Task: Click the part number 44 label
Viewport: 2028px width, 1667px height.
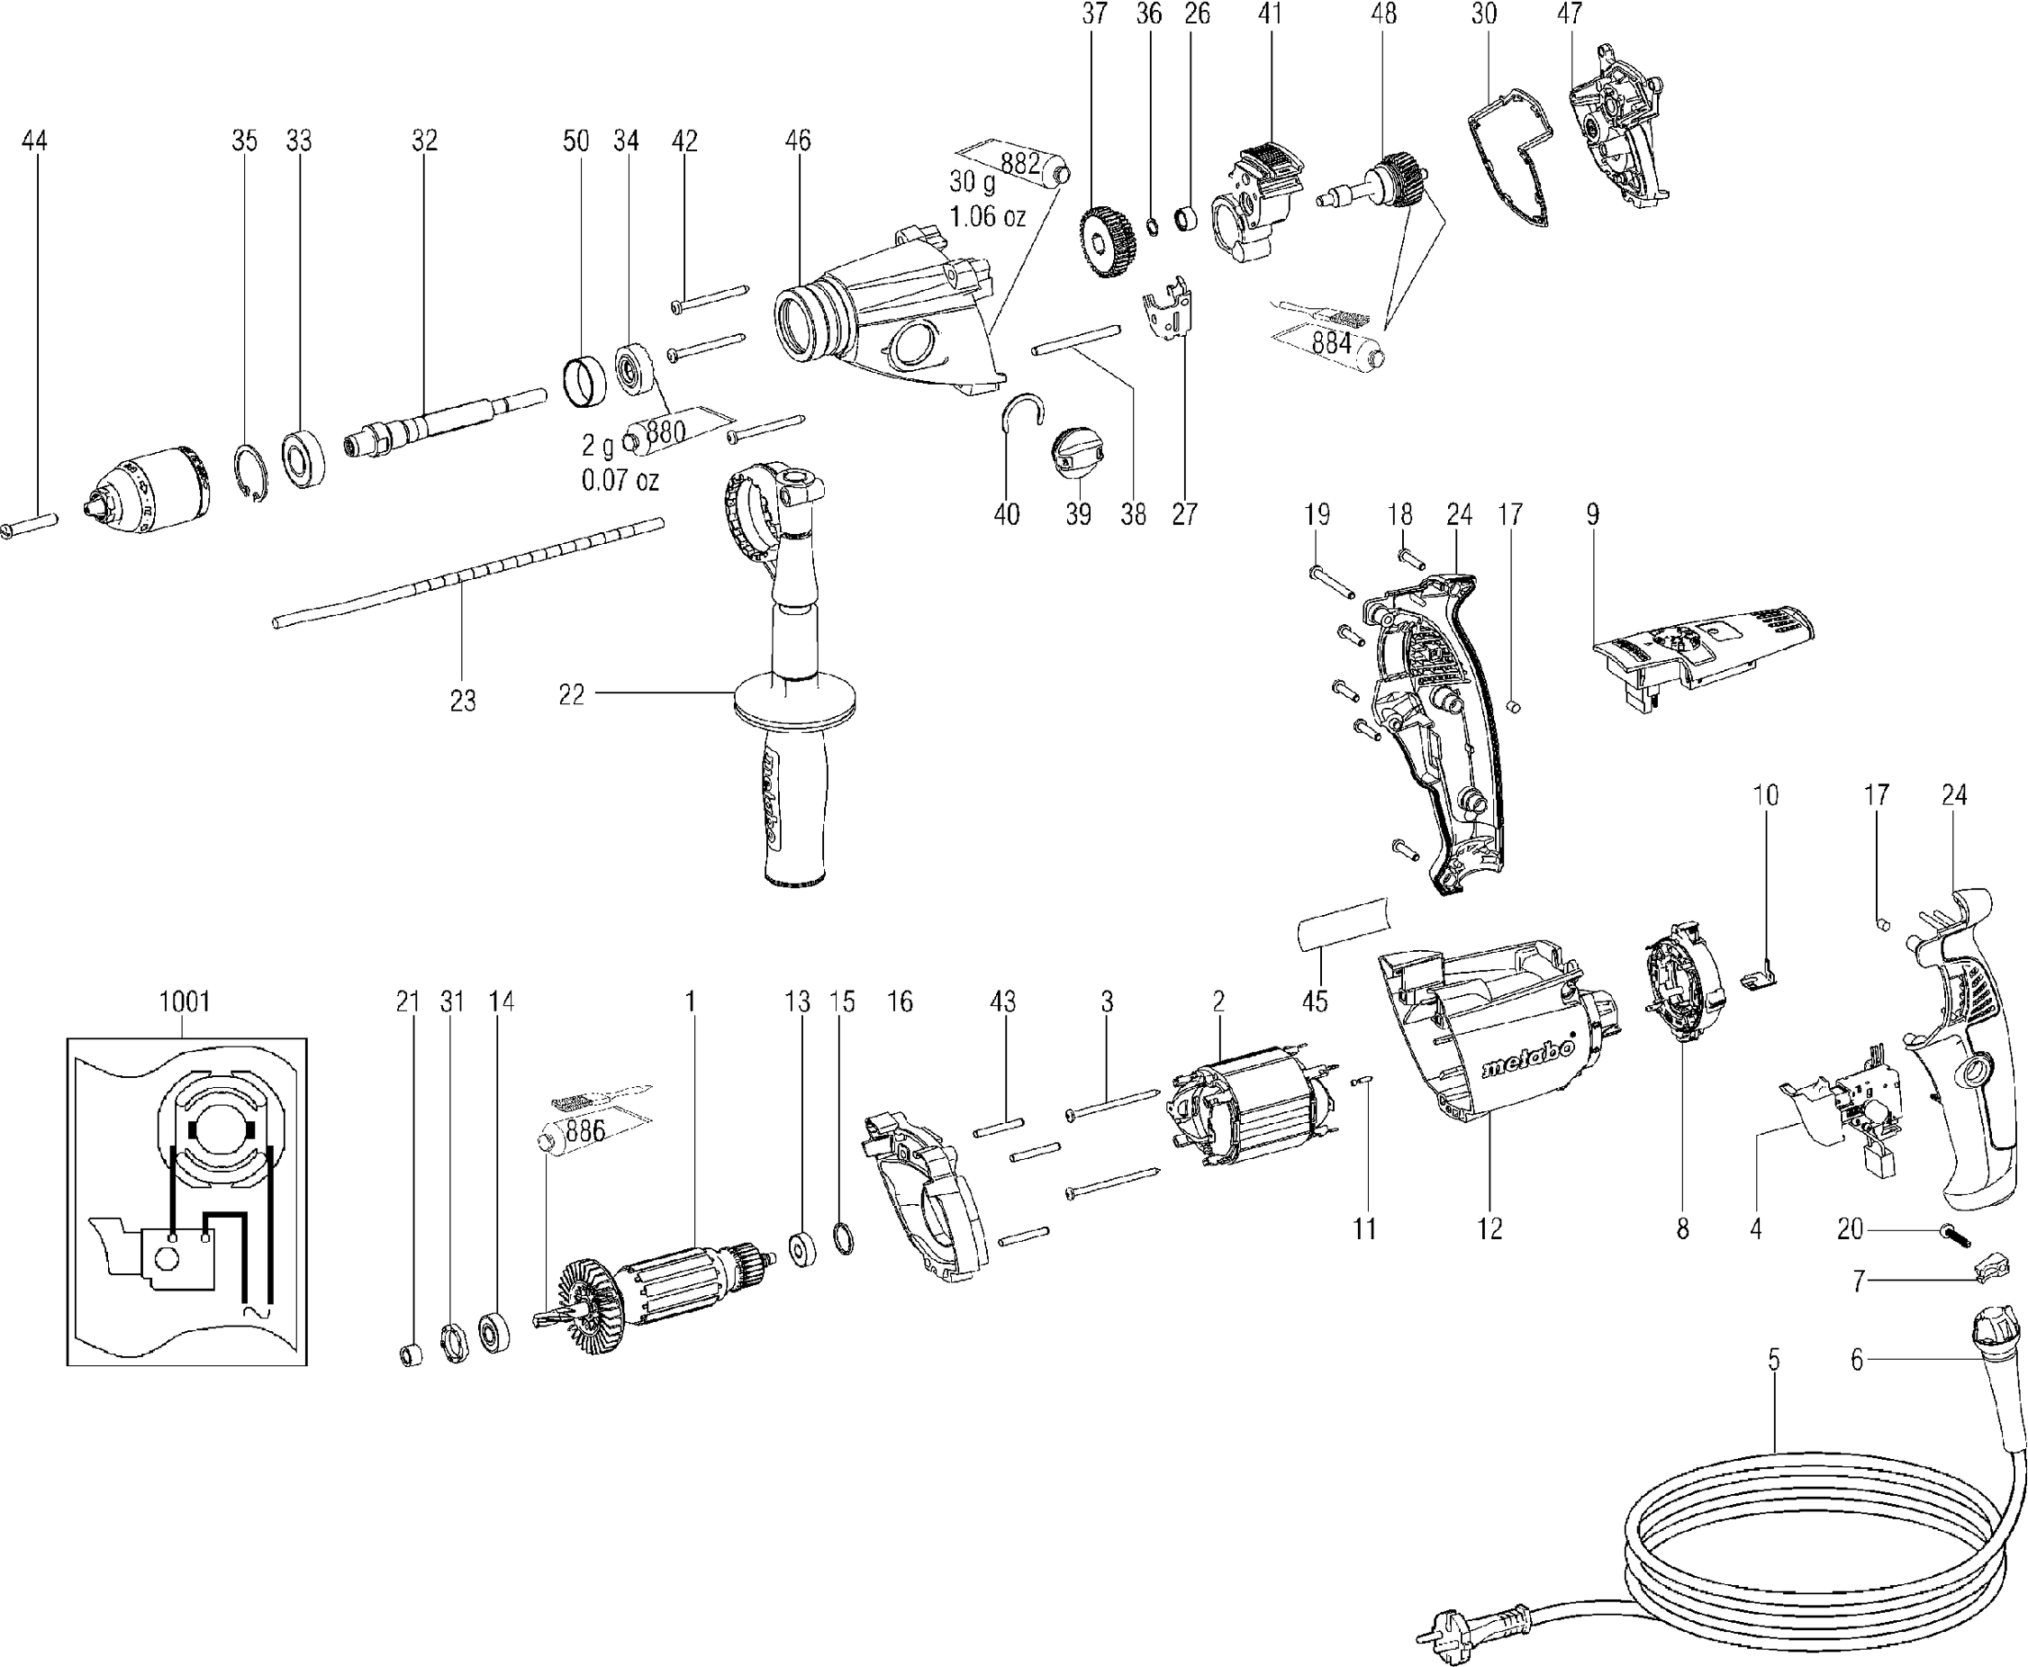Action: pos(33,140)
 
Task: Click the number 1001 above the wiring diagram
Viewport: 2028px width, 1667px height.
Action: pos(185,1001)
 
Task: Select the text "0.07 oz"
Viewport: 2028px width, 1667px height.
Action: pos(620,479)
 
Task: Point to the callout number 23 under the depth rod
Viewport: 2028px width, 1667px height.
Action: pos(463,701)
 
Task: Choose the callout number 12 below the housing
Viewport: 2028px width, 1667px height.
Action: pos(1489,1228)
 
